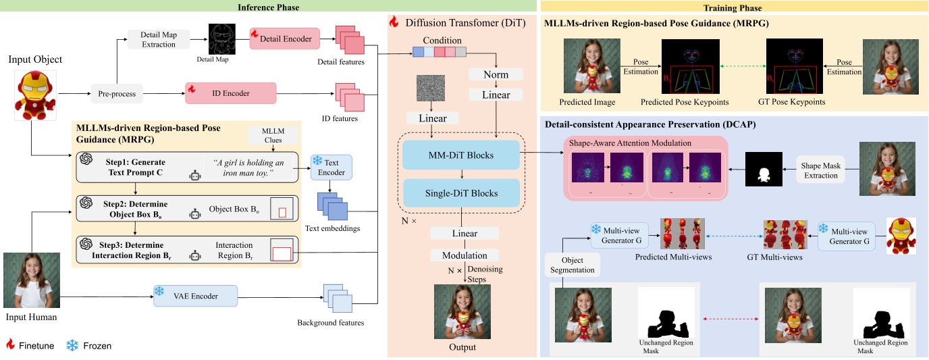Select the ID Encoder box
pos(231,93)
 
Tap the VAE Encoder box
pos(196,295)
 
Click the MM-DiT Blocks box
pos(462,155)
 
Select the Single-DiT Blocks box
pos(462,193)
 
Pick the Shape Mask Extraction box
pos(820,171)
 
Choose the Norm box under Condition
pos(496,73)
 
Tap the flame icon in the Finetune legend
pos(9,345)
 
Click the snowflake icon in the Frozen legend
pos(72,345)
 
